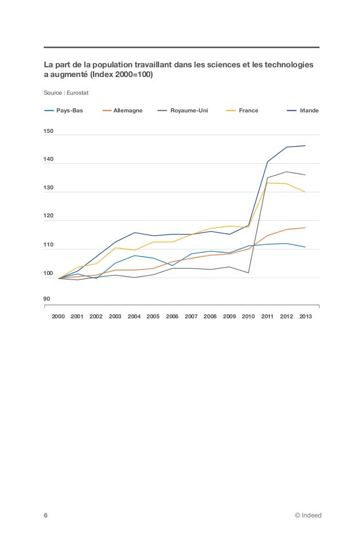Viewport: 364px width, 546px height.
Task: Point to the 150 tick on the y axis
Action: [x=49, y=132]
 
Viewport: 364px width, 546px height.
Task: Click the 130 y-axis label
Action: [x=49, y=188]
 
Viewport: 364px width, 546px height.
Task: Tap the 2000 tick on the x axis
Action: [x=58, y=316]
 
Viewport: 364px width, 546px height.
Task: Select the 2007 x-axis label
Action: [x=191, y=316]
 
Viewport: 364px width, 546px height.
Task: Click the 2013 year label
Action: [x=305, y=316]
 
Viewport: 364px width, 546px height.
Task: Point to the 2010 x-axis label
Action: [x=248, y=316]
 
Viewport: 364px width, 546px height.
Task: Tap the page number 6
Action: [x=46, y=515]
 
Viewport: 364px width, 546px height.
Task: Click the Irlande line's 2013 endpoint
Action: [x=305, y=145]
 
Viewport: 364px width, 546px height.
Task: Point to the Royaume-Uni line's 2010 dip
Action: [x=248, y=273]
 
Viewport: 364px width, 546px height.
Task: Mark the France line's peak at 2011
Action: [x=268, y=183]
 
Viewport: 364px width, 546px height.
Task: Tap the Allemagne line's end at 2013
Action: [x=305, y=228]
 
